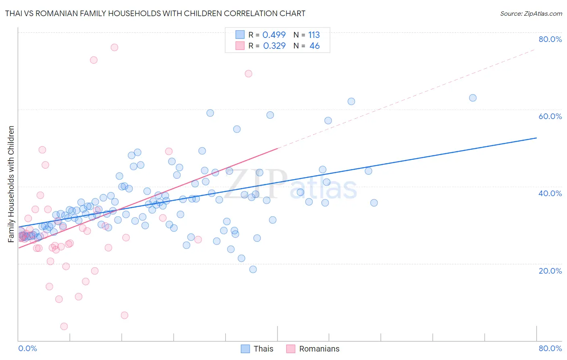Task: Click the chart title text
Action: [155, 13]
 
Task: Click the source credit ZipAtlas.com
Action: [531, 13]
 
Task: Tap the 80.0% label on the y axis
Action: [550, 39]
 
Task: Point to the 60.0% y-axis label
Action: [550, 116]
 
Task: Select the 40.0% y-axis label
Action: [550, 193]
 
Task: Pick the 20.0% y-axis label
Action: [550, 271]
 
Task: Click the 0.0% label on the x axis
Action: [27, 348]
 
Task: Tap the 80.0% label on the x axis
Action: [550, 348]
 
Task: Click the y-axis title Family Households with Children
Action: [11, 184]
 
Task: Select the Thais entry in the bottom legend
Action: [263, 349]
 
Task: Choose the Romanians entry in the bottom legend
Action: [319, 349]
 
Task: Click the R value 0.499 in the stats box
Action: [274, 35]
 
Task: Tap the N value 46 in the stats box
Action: [315, 46]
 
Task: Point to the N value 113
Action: [314, 35]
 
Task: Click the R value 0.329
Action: [274, 46]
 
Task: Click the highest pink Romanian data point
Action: [114, 47]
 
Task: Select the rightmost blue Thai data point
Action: [473, 98]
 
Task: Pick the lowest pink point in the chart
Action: [64, 326]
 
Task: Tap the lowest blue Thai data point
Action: [253, 269]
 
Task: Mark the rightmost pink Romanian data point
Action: [248, 73]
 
